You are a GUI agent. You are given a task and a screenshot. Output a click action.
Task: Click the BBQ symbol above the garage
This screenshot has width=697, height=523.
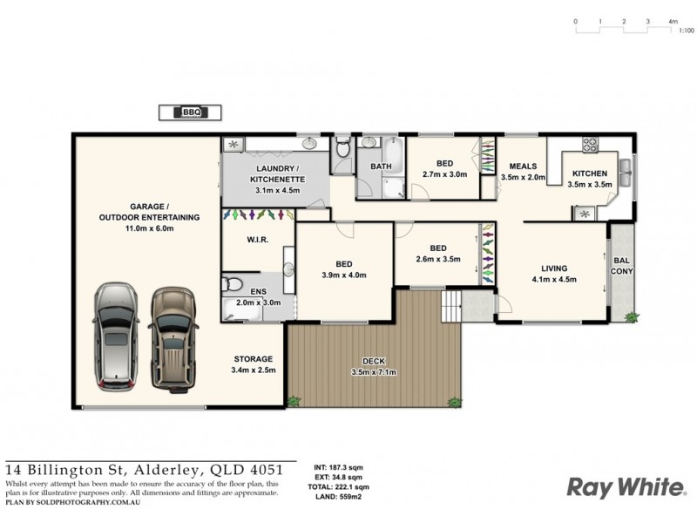click(x=190, y=112)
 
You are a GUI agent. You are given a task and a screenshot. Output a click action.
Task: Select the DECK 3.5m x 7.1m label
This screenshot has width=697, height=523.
click(x=374, y=367)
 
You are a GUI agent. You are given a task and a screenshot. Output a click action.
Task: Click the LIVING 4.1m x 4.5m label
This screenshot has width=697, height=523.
click(x=553, y=274)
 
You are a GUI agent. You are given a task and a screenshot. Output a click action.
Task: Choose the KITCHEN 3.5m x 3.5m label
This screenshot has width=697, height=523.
click(x=590, y=179)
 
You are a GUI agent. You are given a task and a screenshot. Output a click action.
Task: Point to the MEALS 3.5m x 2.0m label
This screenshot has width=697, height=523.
click(x=523, y=172)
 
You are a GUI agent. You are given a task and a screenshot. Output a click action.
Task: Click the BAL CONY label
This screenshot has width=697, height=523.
click(x=622, y=265)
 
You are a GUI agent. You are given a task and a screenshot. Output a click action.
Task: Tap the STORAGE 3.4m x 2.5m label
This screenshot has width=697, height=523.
click(x=254, y=364)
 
